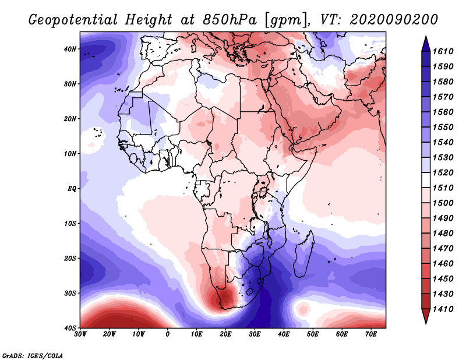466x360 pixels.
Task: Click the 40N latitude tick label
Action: pos(70,49)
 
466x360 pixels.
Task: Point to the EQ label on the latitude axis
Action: pos(72,189)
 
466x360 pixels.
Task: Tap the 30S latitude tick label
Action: pos(70,293)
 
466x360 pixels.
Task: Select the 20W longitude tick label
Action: pos(109,334)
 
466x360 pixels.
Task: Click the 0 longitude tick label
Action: pos(167,334)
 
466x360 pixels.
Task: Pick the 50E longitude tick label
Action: pos(313,334)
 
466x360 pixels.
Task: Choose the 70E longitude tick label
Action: pos(370,334)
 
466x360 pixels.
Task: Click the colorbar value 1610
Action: pos(443,51)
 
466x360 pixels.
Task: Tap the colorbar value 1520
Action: pos(443,172)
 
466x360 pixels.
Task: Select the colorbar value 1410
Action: pos(443,309)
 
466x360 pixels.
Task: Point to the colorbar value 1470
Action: pos(443,248)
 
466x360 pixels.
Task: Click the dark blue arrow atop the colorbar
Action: pos(426,45)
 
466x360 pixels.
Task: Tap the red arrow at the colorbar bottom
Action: pos(426,316)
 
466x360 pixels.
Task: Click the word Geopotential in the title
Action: pos(73,20)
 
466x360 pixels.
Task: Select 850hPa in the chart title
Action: pos(230,19)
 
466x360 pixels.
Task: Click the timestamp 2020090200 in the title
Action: pos(394,19)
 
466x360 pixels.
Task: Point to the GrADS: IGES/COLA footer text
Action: pos(33,355)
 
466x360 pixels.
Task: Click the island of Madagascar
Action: pos(303,256)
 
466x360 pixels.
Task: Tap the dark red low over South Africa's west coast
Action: pos(224,297)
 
